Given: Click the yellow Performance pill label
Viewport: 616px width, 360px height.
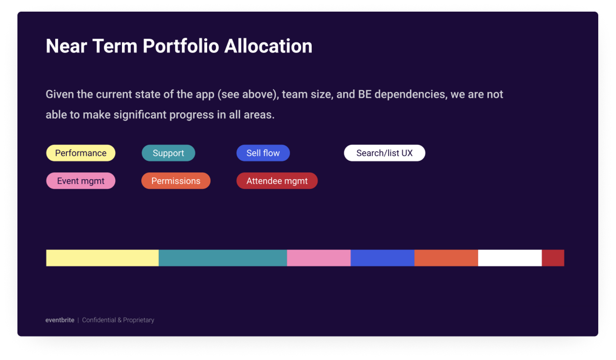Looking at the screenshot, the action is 81,153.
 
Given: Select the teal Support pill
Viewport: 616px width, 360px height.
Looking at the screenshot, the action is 168,153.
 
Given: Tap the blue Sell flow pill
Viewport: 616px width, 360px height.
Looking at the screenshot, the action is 263,153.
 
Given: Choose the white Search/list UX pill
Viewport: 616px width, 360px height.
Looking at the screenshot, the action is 384,153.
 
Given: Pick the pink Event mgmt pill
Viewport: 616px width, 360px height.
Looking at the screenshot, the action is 81,181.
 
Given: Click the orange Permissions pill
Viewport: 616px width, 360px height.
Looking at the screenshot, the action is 176,181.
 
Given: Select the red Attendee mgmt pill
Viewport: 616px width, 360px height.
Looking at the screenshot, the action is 277,181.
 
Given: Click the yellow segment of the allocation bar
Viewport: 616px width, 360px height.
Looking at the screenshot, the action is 102,258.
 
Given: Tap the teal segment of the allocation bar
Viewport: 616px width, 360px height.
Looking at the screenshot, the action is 223,258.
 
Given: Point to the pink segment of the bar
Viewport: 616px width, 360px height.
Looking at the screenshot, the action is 319,258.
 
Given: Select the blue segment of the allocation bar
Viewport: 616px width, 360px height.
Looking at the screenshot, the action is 382,258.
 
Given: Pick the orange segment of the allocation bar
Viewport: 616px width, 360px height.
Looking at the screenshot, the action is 446,258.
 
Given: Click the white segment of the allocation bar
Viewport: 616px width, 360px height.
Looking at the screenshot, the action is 510,258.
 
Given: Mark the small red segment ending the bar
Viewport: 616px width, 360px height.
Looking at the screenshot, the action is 553,258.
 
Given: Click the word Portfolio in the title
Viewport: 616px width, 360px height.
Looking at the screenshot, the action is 181,46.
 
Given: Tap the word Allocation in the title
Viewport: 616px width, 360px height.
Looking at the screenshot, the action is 268,46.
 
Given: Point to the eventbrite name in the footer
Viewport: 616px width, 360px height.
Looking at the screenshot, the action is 60,320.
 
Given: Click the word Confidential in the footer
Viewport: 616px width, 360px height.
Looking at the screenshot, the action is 99,320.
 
